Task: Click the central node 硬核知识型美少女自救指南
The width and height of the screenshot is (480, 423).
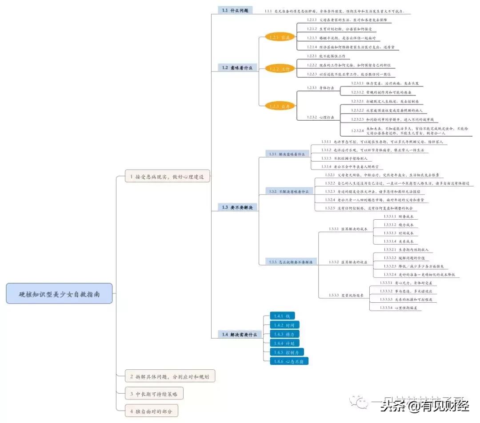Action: click(x=59, y=293)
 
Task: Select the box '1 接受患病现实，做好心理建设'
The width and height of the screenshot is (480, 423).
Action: click(x=167, y=177)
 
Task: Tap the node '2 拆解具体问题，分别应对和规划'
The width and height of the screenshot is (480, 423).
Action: click(x=170, y=376)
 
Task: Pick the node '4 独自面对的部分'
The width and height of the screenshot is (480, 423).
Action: click(x=151, y=411)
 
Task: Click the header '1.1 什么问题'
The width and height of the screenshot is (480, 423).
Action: click(x=235, y=10)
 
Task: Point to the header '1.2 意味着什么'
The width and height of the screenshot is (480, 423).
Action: click(x=237, y=68)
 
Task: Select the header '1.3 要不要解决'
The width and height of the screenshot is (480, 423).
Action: click(x=237, y=207)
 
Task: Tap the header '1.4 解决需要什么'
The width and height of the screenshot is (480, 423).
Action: click(x=240, y=335)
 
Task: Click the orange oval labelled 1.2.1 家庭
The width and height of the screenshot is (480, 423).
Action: click(x=280, y=37)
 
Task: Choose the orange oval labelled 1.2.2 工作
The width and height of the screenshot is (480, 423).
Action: click(x=280, y=69)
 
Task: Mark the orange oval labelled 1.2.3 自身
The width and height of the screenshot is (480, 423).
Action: click(x=280, y=106)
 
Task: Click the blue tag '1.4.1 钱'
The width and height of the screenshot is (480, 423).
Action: click(x=281, y=316)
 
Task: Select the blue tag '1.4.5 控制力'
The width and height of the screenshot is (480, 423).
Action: click(x=287, y=352)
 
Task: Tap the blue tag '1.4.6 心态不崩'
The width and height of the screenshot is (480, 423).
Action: click(x=289, y=361)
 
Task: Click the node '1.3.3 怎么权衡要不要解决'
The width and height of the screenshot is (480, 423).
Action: click(x=291, y=262)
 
